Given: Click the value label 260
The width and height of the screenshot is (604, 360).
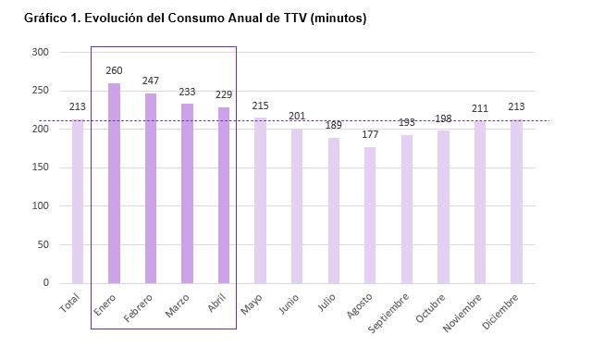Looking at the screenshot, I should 114,70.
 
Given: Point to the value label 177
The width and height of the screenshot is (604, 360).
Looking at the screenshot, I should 370,134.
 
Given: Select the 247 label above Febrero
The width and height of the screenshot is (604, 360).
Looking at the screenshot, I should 151,81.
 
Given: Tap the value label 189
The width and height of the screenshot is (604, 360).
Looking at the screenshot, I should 334,125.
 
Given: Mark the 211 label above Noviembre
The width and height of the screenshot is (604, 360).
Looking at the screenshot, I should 480,108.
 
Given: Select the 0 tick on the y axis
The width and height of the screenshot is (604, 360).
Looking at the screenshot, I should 45,283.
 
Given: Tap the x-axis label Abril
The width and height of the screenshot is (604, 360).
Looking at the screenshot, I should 217,304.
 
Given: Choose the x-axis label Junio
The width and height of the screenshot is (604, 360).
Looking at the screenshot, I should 289,304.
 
